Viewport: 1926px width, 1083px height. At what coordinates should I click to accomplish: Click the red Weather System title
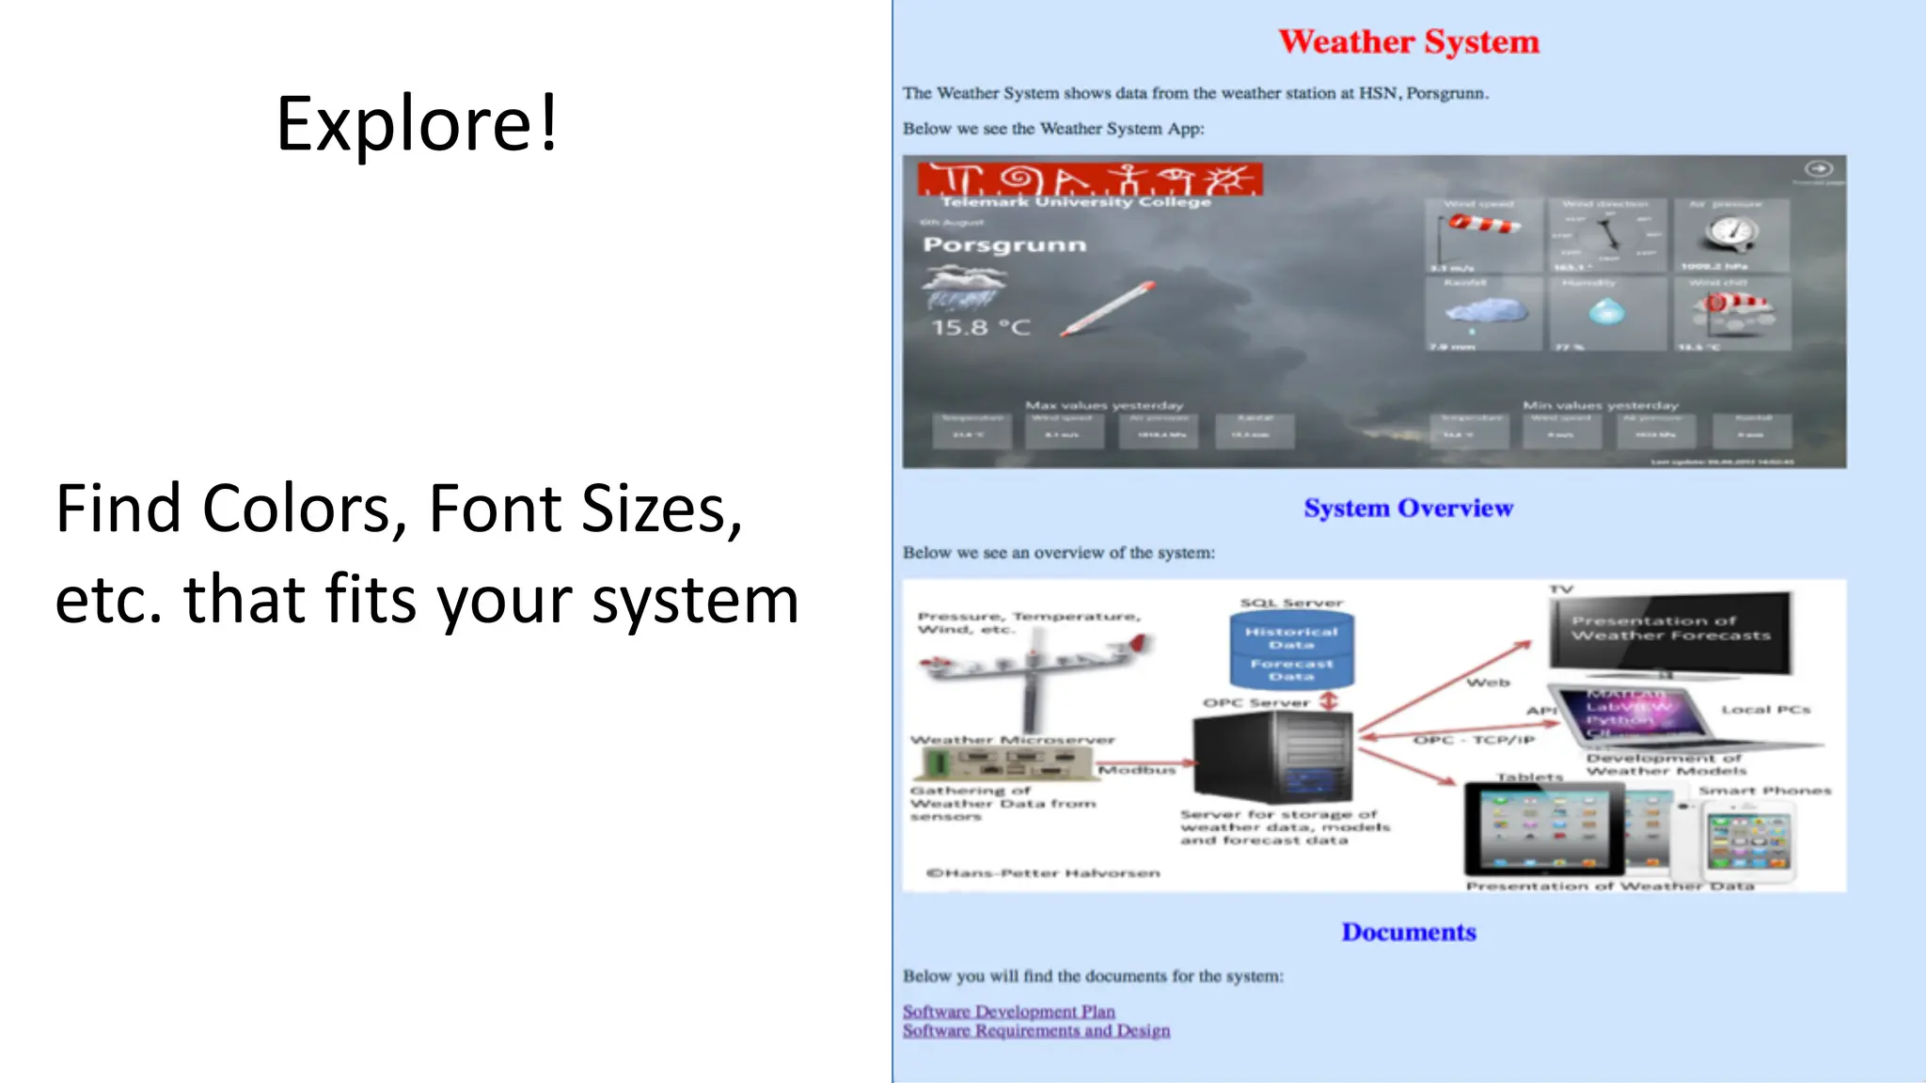coord(1408,42)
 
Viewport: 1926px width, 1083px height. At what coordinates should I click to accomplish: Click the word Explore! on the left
coord(417,123)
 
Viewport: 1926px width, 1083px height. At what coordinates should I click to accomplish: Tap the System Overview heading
coord(1408,509)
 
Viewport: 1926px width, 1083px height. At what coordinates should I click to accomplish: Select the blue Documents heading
coord(1408,932)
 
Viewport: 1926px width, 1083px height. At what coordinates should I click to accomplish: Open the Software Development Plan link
coord(1008,1012)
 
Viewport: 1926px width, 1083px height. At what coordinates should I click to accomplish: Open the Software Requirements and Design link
coord(1035,1031)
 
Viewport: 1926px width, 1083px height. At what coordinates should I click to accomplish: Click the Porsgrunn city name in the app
coord(1004,245)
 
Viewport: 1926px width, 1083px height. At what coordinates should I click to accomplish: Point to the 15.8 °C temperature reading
coord(981,328)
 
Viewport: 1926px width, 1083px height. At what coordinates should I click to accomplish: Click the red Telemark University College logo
coord(1089,180)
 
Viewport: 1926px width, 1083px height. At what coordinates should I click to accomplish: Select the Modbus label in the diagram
coord(1137,770)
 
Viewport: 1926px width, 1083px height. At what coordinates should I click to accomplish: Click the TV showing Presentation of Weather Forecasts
coord(1670,631)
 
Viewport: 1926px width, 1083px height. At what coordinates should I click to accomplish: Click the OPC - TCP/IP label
coord(1474,740)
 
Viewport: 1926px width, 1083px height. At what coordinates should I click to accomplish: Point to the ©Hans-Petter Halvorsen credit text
coord(1043,873)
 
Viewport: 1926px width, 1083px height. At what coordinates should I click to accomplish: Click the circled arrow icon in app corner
coord(1819,168)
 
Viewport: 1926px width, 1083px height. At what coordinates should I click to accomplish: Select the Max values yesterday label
coord(1104,405)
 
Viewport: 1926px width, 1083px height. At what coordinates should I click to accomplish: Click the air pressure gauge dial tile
coord(1731,235)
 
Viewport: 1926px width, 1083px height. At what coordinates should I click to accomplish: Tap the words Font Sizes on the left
coord(585,509)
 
